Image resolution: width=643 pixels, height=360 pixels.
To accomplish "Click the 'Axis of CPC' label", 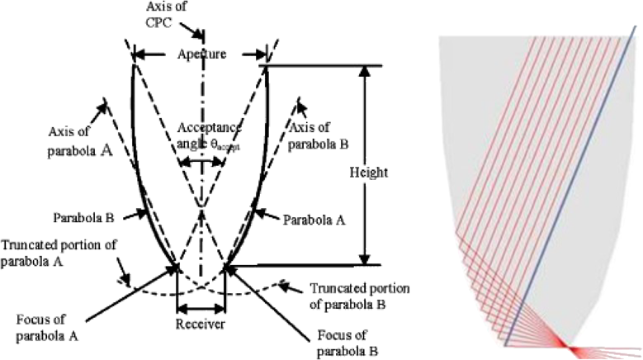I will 200,14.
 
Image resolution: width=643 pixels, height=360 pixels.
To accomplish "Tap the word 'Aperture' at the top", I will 200,54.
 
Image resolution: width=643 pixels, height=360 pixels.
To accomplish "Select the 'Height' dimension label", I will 366,174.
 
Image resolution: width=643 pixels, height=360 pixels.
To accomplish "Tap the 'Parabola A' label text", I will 311,220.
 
